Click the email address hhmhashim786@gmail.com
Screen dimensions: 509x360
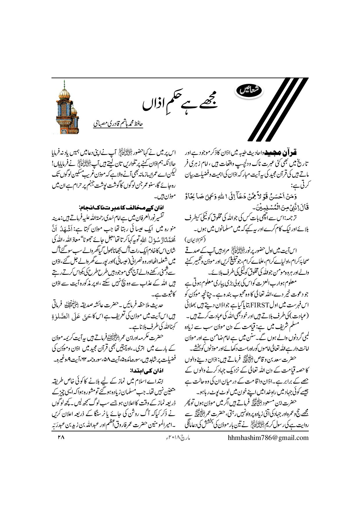tap(267, 429)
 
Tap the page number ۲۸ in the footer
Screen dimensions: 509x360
tap(60, 429)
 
